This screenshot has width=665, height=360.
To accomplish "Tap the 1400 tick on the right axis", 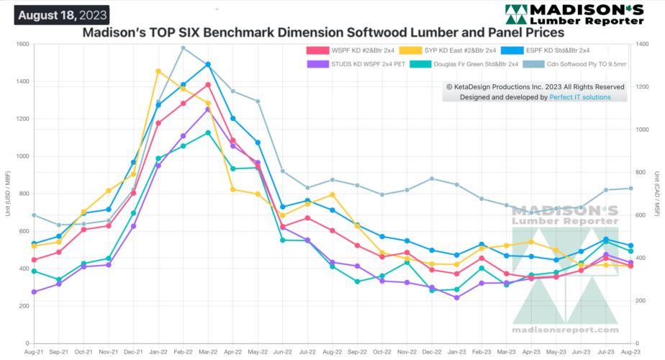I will (x=640, y=45).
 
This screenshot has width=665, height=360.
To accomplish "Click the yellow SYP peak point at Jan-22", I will (x=158, y=71).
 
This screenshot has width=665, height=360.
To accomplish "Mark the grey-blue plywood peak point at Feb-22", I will (x=183, y=48).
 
